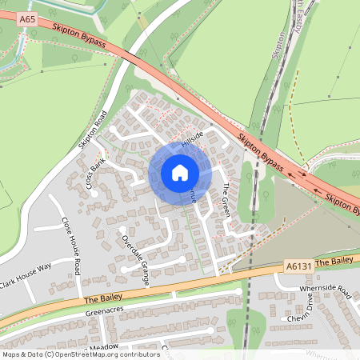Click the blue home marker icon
180,172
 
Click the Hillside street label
193,139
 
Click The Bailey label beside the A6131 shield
334,262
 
